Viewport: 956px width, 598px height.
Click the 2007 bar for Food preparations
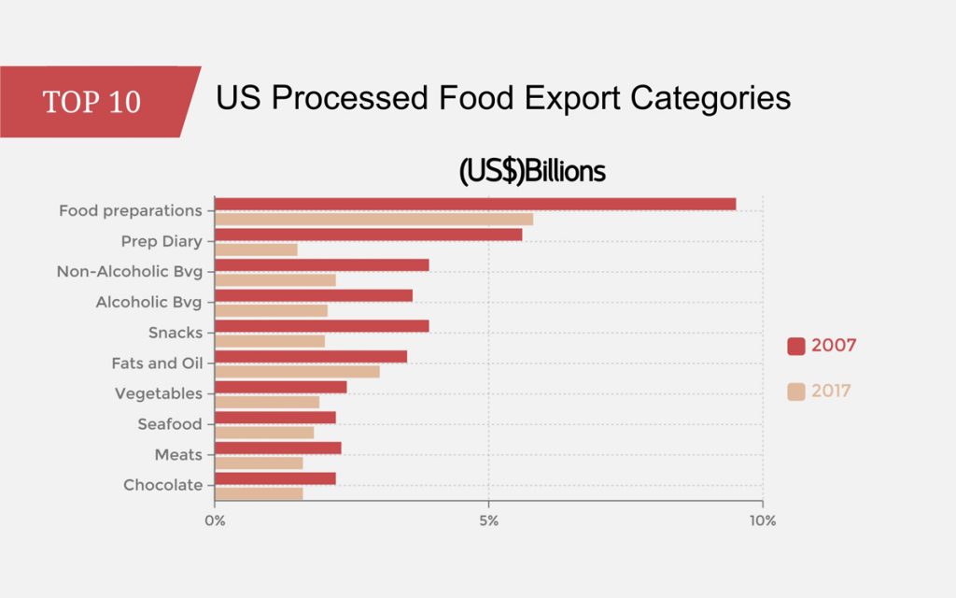click(x=475, y=204)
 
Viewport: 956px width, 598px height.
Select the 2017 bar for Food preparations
click(x=373, y=219)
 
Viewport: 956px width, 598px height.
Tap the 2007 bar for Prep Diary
click(x=368, y=235)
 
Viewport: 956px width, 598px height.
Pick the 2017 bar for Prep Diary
click(x=256, y=249)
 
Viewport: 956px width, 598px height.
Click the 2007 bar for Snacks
click(x=321, y=325)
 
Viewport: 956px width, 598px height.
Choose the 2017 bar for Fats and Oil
click(x=297, y=371)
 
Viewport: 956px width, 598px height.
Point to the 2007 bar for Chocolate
click(x=274, y=478)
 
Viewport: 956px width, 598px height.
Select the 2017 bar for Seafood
click(x=264, y=432)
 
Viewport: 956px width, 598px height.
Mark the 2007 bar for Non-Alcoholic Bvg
click(x=321, y=264)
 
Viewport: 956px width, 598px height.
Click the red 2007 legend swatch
click(x=796, y=346)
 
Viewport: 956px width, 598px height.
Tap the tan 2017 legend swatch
click(x=796, y=392)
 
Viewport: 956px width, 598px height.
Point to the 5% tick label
click(x=488, y=520)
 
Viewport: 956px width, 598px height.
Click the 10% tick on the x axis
click(x=762, y=520)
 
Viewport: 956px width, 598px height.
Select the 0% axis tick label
click(x=215, y=520)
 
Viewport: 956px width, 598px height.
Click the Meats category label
click(x=178, y=455)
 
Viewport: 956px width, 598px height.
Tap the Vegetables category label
click(x=158, y=393)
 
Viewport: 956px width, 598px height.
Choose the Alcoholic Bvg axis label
click(x=148, y=303)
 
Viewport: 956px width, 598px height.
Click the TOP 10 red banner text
click(x=91, y=102)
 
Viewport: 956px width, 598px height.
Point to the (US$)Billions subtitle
click(x=532, y=172)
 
